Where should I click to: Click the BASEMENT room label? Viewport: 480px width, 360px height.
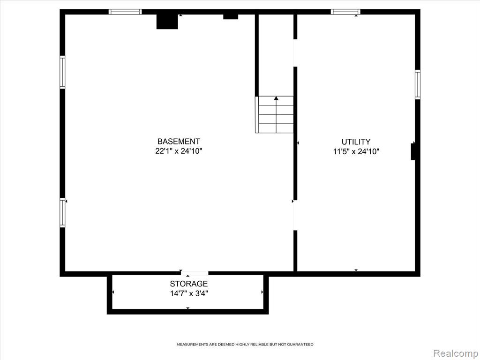pos(179,142)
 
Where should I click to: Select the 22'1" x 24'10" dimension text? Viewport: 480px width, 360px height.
pos(179,151)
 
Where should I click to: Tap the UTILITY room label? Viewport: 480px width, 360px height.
pos(356,142)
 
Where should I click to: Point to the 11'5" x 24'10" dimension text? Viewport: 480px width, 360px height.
pos(356,151)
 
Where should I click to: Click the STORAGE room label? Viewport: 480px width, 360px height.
pos(189,284)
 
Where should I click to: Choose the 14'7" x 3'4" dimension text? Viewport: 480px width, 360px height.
pos(189,293)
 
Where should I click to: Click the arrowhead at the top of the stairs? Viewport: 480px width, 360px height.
pos(276,98)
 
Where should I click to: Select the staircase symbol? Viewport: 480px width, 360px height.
pos(274,114)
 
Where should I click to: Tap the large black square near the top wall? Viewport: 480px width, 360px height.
pos(167,22)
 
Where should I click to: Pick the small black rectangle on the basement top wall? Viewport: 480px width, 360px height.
pos(231,16)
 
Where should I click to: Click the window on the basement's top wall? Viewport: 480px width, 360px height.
pos(125,12)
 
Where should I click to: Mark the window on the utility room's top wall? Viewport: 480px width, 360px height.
pos(345,12)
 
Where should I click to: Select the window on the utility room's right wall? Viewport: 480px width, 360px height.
pos(418,84)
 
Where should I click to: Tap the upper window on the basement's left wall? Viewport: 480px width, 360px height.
pos(62,72)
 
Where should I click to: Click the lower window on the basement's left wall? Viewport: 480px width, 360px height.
pos(62,212)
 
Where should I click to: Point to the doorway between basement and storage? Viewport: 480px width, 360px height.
pos(195,273)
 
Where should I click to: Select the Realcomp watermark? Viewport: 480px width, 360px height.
pos(455,353)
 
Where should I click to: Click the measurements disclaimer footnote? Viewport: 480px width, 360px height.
pos(245,345)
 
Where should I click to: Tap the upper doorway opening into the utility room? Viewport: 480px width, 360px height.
pos(295,53)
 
